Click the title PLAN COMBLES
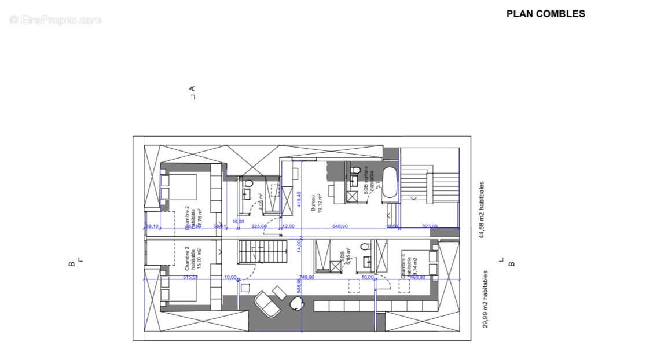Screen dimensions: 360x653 tap(545, 14)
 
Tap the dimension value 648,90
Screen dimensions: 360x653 tap(340, 226)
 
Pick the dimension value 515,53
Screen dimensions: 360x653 tap(190, 278)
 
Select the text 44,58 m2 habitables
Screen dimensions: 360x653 tap(482, 210)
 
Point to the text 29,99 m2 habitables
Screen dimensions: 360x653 tap(486, 299)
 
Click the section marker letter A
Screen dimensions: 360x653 tap(192, 89)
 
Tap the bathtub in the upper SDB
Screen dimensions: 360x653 tap(391, 183)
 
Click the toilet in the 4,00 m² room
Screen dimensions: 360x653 tap(248, 183)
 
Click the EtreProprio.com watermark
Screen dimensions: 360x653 tap(55, 20)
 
